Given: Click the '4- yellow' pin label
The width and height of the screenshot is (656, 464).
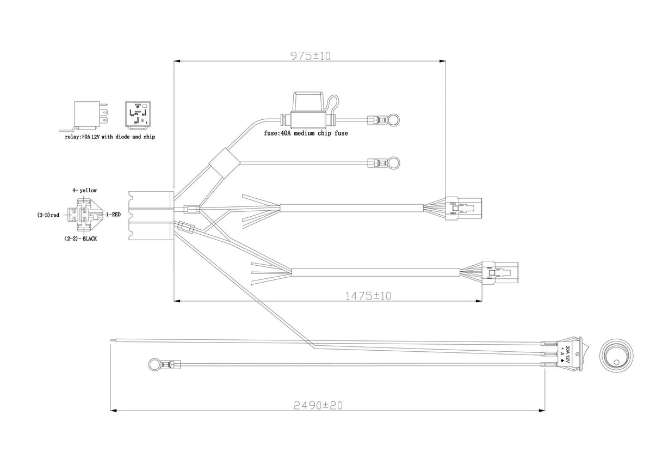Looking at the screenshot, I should tap(85, 190).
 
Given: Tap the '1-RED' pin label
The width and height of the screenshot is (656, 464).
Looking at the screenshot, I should tap(113, 215).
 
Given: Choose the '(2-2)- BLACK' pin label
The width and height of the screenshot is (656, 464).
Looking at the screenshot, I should tap(81, 239).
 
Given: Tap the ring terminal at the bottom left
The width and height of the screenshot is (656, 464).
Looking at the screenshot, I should tap(154, 363).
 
